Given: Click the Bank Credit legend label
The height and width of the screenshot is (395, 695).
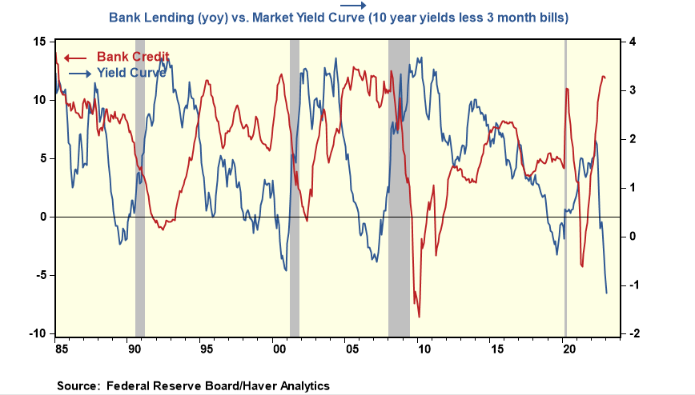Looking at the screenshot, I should (133, 57).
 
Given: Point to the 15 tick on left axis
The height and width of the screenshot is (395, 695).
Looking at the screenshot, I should (40, 42).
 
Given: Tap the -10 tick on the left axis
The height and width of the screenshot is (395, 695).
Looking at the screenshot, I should (38, 333).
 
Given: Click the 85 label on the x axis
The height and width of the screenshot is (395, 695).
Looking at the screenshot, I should (60, 349).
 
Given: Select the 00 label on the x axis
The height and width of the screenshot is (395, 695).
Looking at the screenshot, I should (279, 349).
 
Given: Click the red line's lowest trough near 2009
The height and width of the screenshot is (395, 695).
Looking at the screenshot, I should (419, 317).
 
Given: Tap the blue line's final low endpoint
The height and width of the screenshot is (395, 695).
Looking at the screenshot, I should (606, 293).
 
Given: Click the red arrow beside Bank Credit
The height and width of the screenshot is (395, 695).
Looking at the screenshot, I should (75, 57).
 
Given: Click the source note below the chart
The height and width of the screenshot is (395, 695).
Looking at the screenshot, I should (193, 385).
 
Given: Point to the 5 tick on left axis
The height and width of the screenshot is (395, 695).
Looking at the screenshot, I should (43, 158).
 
